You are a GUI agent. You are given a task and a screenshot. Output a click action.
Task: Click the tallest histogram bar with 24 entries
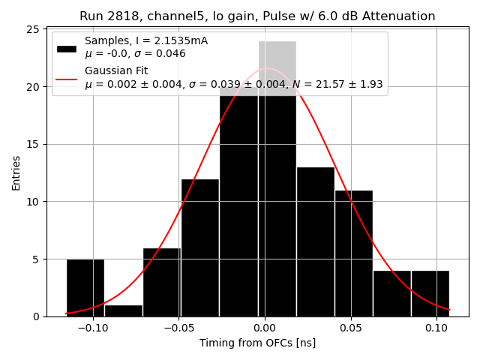[277, 180]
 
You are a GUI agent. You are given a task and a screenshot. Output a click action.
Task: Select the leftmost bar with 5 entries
[85, 288]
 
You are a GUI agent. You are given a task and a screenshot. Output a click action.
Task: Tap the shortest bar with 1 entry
[124, 310]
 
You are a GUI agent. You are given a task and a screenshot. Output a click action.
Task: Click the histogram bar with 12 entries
[200, 247]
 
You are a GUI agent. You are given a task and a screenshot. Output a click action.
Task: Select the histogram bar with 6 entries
[162, 282]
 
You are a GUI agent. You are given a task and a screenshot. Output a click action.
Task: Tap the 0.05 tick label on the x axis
[350, 328]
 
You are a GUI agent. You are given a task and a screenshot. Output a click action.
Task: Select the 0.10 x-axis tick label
[436, 328]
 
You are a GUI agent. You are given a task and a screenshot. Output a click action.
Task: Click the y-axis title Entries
[16, 172]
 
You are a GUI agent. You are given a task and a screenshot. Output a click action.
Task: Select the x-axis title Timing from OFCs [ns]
[257, 343]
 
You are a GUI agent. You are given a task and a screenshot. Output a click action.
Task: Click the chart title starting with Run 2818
[257, 16]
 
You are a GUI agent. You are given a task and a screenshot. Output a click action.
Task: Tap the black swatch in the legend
[67, 48]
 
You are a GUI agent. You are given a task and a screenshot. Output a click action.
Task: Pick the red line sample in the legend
[67, 78]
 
